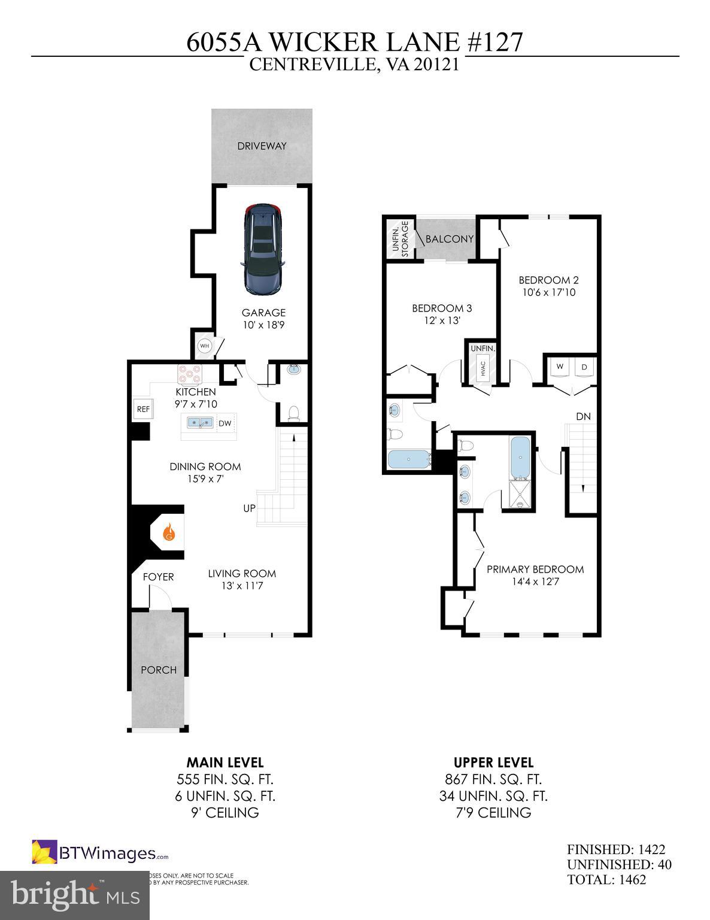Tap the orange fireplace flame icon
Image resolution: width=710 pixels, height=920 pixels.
click(x=169, y=531)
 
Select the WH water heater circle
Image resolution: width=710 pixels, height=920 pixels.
click(x=205, y=346)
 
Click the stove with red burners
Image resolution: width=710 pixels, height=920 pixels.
click(x=190, y=374)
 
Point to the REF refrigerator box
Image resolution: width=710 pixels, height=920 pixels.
click(x=142, y=409)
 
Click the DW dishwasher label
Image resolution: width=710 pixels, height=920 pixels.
click(x=224, y=423)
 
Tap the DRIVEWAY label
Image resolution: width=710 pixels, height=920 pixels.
click(x=262, y=146)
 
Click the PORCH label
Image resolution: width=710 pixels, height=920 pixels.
click(x=159, y=670)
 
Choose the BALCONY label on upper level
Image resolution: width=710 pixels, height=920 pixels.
click(x=449, y=239)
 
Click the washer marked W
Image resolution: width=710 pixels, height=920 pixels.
click(x=560, y=367)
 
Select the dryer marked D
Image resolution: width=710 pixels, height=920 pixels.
click(x=584, y=367)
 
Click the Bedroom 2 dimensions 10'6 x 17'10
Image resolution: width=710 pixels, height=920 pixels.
click(x=548, y=293)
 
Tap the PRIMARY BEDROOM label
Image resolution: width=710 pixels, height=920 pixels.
click(x=535, y=569)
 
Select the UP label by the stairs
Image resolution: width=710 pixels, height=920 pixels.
click(x=249, y=508)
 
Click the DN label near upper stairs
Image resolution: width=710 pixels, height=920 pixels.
click(x=583, y=416)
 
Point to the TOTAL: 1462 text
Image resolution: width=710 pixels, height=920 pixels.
click(x=606, y=880)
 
